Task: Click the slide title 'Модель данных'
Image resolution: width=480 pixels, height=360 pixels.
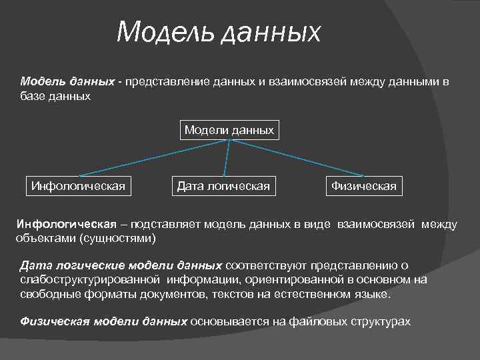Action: [218, 32]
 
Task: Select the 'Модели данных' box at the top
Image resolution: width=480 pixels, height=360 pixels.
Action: [229, 130]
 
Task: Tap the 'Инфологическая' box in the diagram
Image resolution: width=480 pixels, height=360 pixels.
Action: [78, 186]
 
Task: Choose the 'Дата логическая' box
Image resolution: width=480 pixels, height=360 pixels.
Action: [223, 186]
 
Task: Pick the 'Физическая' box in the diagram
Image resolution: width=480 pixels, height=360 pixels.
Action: [364, 186]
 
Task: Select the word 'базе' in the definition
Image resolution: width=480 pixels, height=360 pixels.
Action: [33, 96]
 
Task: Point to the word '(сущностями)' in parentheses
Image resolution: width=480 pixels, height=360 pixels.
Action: [117, 237]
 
